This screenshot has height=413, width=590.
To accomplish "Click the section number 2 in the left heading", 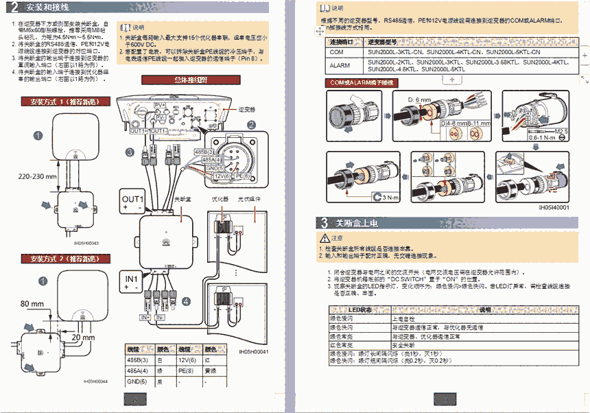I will pyautogui.click(x=14, y=8).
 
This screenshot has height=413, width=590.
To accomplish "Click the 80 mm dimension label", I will pyautogui.click(x=32, y=303).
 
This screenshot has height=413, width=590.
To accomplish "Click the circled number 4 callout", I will pyautogui.click(x=186, y=301).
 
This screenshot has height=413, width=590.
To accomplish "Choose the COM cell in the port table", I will pyautogui.click(x=337, y=52).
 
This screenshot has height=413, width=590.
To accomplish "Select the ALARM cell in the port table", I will pyautogui.click(x=340, y=65).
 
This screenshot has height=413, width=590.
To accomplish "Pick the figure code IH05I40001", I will pyautogui.click(x=554, y=206).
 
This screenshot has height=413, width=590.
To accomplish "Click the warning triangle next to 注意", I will pyautogui.click(x=325, y=237).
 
